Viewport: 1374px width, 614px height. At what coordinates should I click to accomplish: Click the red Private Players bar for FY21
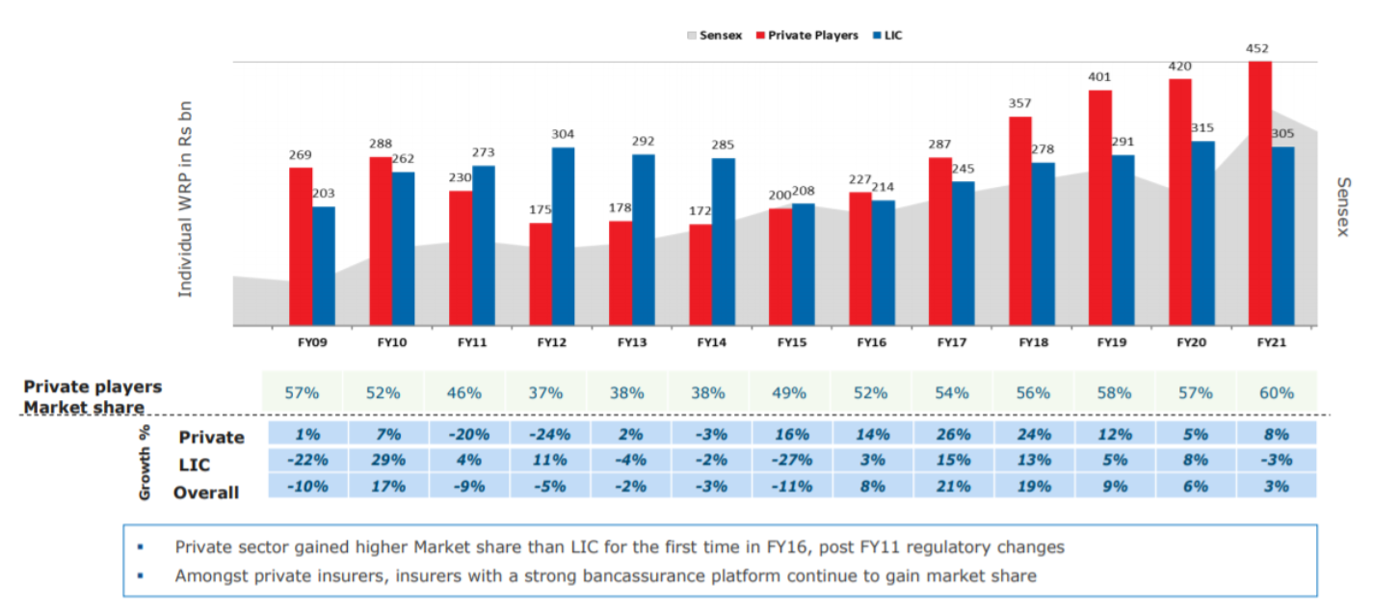click(x=1259, y=193)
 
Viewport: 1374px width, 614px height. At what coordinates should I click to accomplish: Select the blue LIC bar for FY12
click(x=563, y=236)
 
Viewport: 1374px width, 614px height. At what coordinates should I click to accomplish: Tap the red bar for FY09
click(x=301, y=246)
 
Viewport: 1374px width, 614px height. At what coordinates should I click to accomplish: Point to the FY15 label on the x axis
click(x=791, y=342)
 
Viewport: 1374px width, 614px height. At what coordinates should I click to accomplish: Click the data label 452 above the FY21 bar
click(x=1257, y=49)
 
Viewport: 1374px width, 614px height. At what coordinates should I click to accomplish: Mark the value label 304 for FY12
click(x=563, y=135)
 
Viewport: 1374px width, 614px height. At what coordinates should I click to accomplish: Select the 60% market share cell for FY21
click(x=1276, y=392)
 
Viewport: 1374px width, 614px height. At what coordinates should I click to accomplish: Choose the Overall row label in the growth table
click(x=206, y=493)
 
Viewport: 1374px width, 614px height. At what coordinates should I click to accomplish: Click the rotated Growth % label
click(x=146, y=463)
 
